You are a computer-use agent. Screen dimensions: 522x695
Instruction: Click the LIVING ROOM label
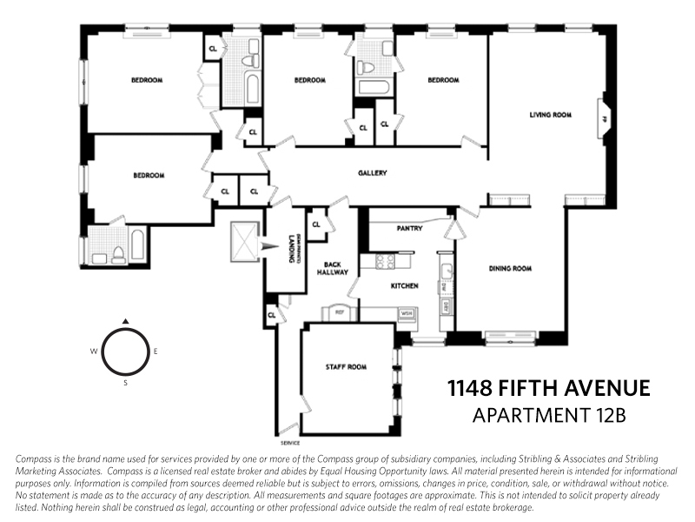click(551, 115)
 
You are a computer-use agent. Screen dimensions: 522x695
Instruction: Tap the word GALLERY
click(372, 173)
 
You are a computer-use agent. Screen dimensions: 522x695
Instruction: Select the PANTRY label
click(408, 229)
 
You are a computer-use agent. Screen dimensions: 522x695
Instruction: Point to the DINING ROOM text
click(508, 269)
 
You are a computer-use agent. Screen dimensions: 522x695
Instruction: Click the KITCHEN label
click(405, 285)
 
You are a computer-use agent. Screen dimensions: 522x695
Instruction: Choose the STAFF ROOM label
click(346, 367)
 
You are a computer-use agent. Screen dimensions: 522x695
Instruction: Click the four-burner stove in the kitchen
click(384, 260)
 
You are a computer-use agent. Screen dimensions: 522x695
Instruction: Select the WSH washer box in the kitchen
click(405, 312)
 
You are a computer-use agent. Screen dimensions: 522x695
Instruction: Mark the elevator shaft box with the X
click(244, 240)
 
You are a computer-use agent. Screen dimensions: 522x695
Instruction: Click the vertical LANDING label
click(292, 251)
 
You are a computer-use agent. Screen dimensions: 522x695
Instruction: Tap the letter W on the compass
click(92, 351)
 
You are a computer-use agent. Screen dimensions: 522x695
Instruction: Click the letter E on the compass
click(156, 351)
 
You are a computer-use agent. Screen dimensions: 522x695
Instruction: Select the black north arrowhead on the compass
click(125, 321)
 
